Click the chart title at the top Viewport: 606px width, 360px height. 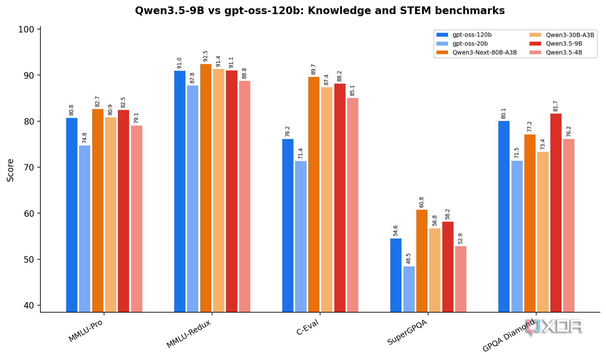320,11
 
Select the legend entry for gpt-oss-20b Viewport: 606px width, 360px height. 462,44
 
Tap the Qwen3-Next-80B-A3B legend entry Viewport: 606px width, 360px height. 476,53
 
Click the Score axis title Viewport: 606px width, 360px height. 10,170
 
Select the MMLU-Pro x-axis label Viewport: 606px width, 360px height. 86,331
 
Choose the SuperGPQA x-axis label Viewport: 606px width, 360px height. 407,332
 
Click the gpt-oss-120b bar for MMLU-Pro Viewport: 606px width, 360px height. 72,215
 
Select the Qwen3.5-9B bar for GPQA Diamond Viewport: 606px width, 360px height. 556,213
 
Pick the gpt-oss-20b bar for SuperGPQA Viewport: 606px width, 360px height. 409,289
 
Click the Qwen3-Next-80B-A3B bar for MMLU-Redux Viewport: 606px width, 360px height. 206,188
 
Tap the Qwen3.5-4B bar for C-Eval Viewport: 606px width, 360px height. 353,205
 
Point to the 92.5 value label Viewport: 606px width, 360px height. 206,56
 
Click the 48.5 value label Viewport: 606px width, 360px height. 408,259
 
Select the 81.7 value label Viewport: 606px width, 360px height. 556,106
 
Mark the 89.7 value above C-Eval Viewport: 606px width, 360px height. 314,69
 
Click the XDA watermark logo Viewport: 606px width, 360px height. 554,327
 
